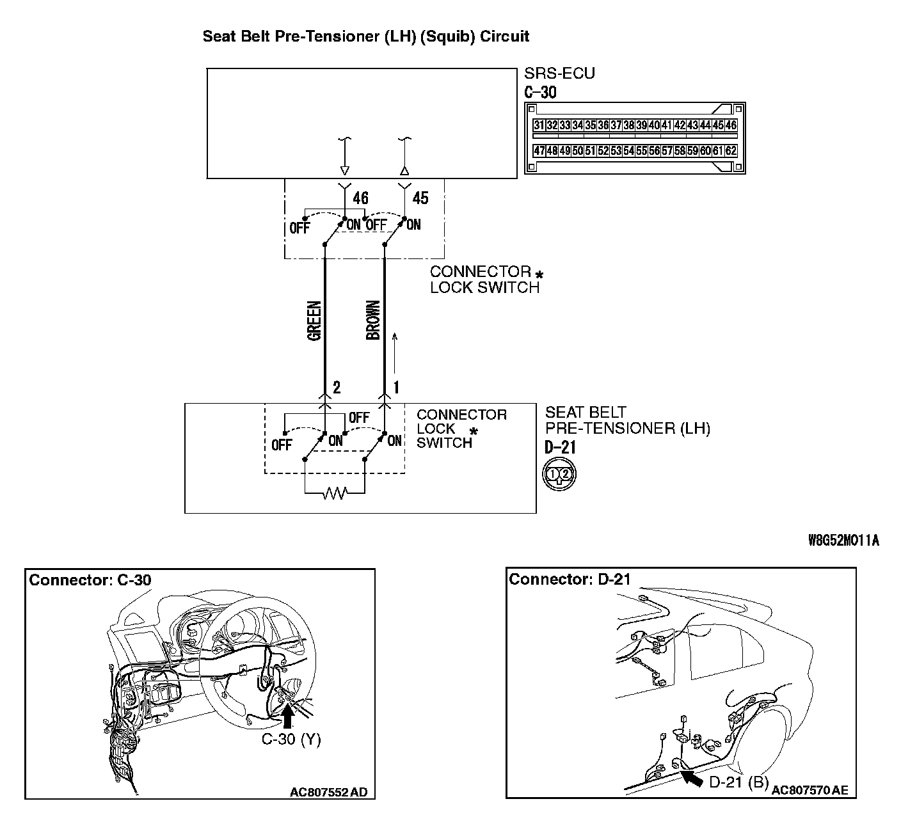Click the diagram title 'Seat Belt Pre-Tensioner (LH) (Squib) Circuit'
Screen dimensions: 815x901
click(x=365, y=36)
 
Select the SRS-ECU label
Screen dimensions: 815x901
click(x=559, y=74)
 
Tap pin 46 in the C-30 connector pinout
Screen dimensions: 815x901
click(x=731, y=126)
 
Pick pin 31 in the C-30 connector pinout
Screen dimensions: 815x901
click(x=539, y=126)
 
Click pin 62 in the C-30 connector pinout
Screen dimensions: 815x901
click(x=731, y=152)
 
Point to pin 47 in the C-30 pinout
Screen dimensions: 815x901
click(x=539, y=152)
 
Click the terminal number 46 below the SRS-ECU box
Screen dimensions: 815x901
click(x=361, y=198)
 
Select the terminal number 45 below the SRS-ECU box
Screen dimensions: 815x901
click(x=420, y=198)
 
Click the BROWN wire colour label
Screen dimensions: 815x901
click(x=372, y=320)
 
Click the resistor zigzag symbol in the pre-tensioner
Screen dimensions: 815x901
click(x=334, y=493)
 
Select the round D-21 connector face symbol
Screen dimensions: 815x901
click(x=559, y=474)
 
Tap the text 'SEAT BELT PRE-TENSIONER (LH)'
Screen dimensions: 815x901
click(x=627, y=420)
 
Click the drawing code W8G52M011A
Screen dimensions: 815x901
click(x=843, y=541)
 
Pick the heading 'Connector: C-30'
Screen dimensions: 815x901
click(x=90, y=580)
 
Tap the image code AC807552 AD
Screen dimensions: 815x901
click(x=328, y=793)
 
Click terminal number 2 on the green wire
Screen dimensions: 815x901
click(x=337, y=387)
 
